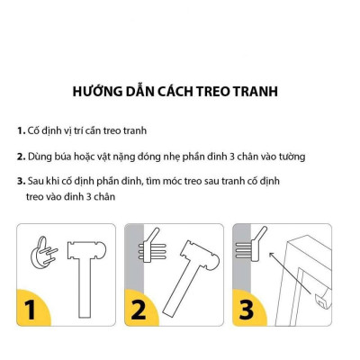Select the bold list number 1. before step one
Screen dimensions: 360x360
(x=21, y=130)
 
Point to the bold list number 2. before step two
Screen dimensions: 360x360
(x=21, y=156)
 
